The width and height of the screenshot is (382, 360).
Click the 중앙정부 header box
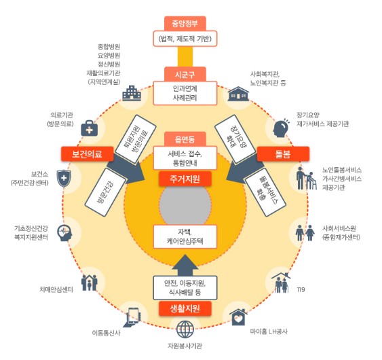click(185, 24)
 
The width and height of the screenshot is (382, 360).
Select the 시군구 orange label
click(185, 74)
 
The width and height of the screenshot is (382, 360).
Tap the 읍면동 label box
click(185, 139)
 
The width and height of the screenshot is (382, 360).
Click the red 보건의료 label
click(88, 154)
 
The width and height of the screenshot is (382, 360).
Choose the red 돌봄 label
click(283, 154)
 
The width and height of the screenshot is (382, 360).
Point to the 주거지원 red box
click(185, 179)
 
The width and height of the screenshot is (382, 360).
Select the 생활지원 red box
click(185, 308)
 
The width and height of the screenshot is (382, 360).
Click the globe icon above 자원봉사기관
click(185, 329)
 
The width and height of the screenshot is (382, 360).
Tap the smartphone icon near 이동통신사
click(132, 317)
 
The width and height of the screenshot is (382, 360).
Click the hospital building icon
click(132, 93)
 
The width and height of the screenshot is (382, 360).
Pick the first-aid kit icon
click(89, 128)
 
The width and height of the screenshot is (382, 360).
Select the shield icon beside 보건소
click(64, 178)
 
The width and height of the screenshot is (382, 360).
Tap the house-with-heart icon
click(239, 317)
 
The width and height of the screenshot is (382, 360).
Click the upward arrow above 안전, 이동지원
click(185, 266)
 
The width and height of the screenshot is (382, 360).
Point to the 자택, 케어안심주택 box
click(185, 236)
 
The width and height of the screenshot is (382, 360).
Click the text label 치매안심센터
click(56, 289)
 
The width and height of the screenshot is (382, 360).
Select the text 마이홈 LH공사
click(269, 331)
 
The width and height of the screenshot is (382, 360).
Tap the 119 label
click(301, 289)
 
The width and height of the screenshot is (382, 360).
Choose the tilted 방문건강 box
click(105, 192)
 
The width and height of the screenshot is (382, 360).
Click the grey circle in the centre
click(185, 204)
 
